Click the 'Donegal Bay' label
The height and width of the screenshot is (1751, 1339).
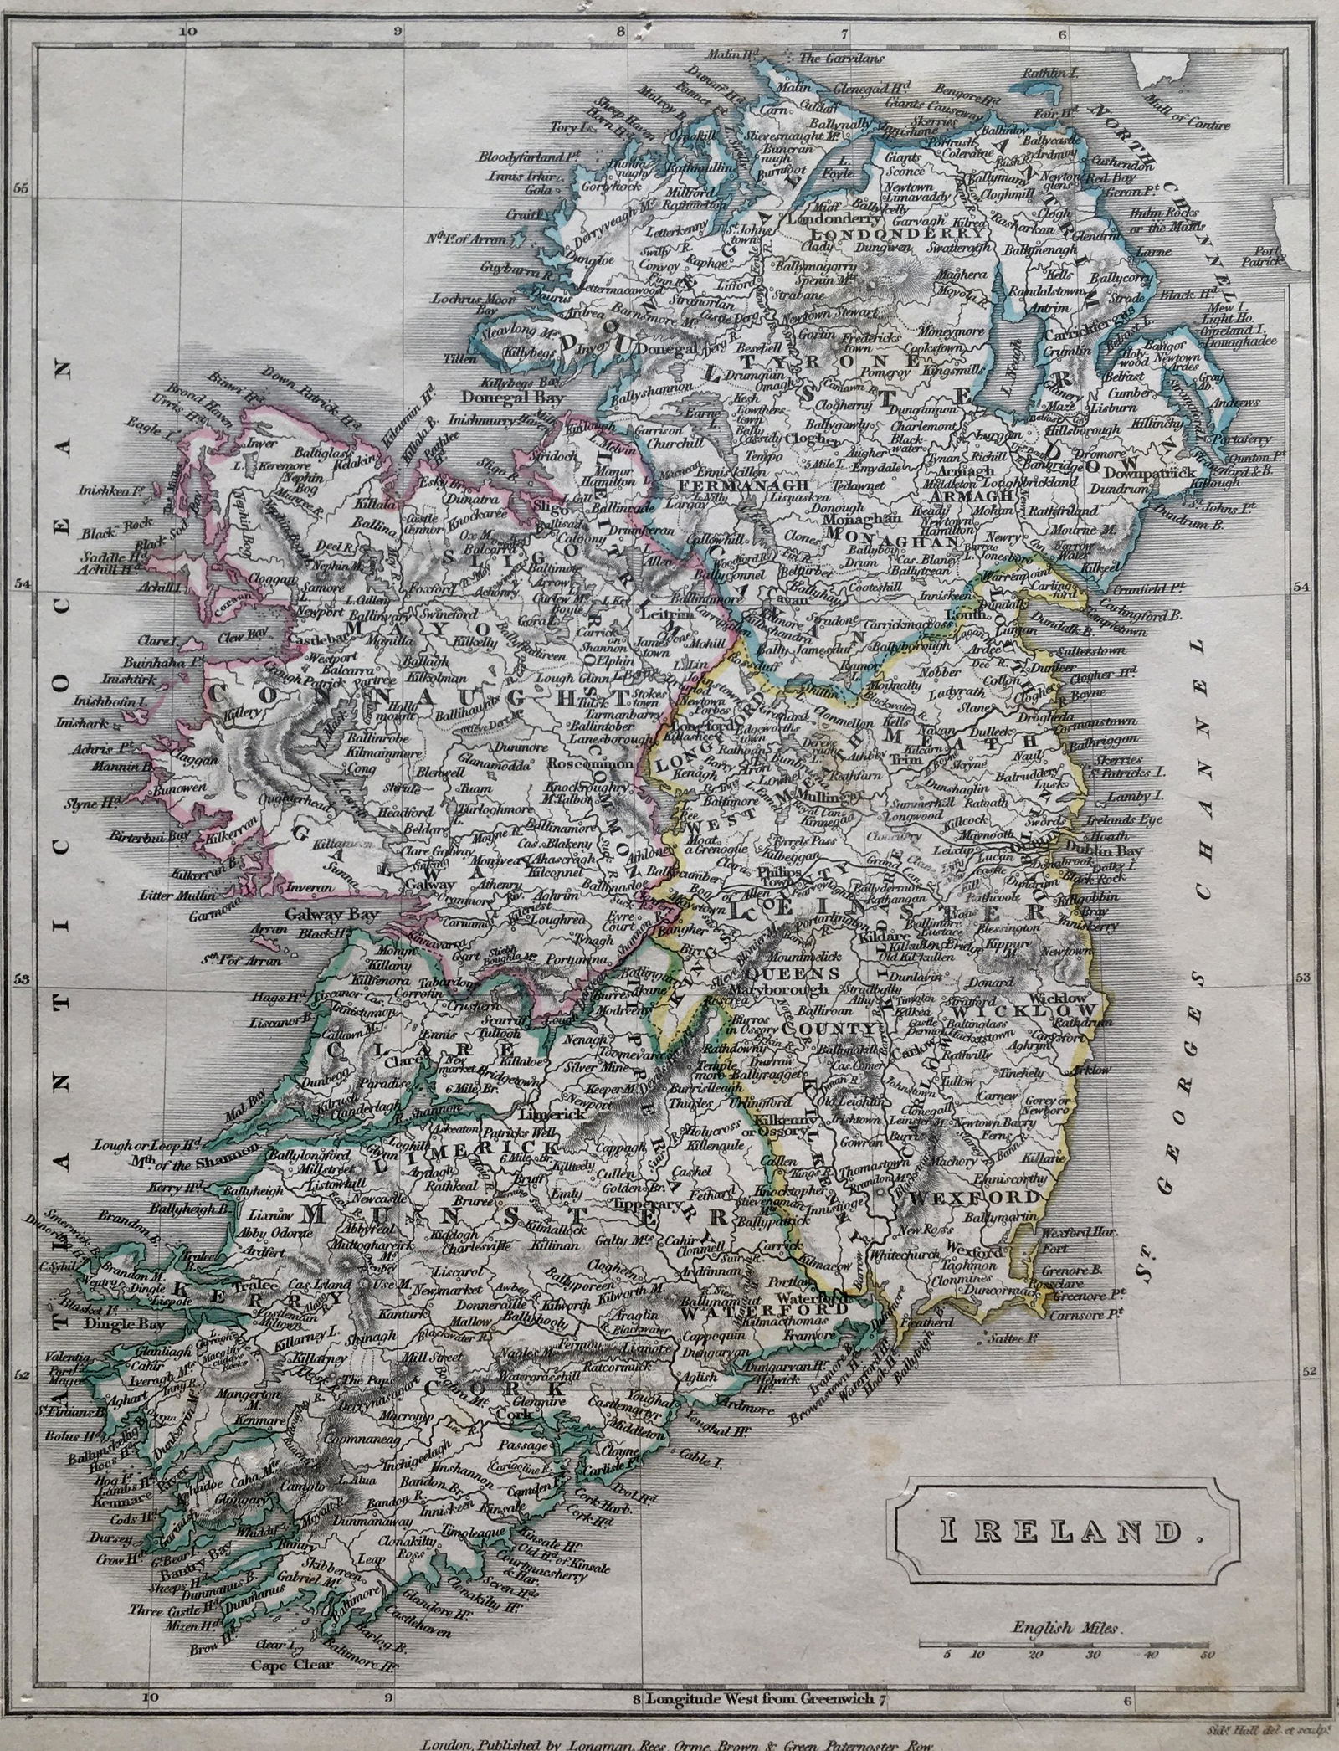503,398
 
